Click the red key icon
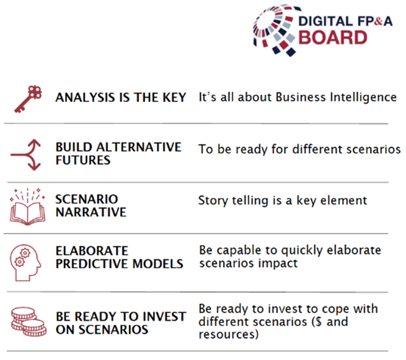tap(28, 99)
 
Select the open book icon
tap(28, 207)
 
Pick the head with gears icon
tap(25, 263)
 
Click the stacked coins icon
tap(29, 322)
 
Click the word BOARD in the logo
tap(333, 38)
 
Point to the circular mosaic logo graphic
tap(275, 30)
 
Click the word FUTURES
tap(83, 160)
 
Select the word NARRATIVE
tap(91, 212)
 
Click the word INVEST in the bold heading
tap(165, 317)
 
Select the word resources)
tap(229, 334)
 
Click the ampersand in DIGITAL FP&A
tap(378, 21)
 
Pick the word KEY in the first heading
tap(174, 98)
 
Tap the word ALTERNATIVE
tap(139, 147)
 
